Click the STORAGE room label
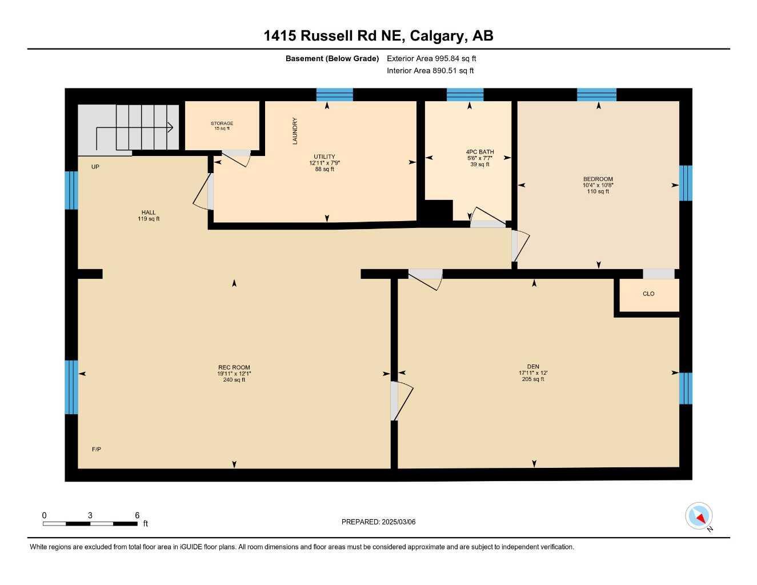(x=222, y=123)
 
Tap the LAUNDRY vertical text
(x=295, y=131)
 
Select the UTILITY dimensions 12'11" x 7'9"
(x=325, y=163)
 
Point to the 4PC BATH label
(x=480, y=152)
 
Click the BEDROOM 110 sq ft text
(x=598, y=191)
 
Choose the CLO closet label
(x=648, y=294)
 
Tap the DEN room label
(x=533, y=367)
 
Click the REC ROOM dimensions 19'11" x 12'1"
(x=234, y=374)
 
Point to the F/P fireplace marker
(x=97, y=449)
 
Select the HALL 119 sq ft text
(x=149, y=219)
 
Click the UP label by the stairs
(x=95, y=167)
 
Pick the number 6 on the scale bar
(x=137, y=515)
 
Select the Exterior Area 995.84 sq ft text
(x=431, y=58)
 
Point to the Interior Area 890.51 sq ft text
(x=430, y=71)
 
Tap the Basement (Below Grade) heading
(x=332, y=58)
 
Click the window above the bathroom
(x=465, y=94)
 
